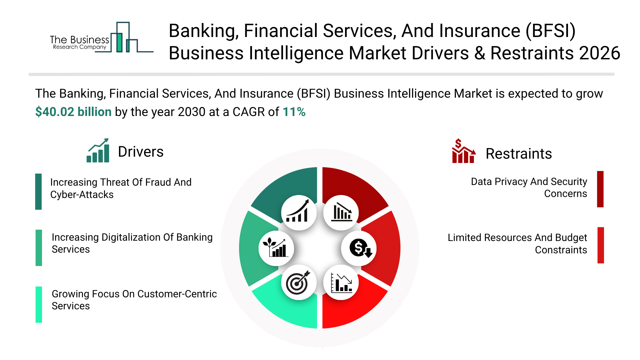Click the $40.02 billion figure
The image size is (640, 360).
coord(73,112)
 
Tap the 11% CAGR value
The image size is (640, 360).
coord(294,112)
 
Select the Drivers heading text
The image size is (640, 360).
coord(141,152)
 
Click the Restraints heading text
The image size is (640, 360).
coord(519,154)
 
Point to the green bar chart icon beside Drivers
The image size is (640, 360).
coord(98,151)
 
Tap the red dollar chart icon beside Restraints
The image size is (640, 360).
coord(463,151)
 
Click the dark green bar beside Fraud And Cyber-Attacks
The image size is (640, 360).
coord(39,192)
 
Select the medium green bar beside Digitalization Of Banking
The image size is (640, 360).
coord(39,248)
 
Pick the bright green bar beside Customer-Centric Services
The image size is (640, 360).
coord(39,305)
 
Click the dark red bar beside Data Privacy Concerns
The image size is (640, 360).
coord(600,189)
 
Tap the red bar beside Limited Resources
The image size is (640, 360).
coord(601,245)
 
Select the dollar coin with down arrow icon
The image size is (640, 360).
coord(359,248)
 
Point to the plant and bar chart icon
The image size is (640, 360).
coord(276,248)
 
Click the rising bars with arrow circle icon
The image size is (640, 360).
coord(299,213)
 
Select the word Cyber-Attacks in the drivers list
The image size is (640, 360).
coord(82,195)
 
